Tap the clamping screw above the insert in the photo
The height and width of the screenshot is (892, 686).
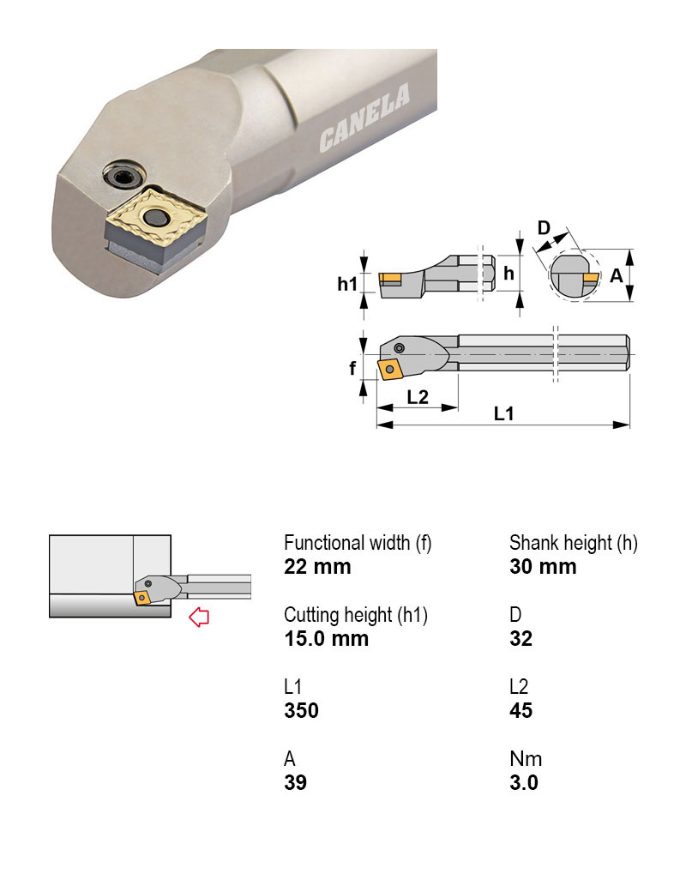[x=119, y=175]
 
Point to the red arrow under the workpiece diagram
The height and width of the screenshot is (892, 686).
[x=199, y=617]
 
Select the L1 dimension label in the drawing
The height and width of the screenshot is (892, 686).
[x=504, y=413]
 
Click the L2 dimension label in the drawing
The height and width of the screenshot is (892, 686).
[x=418, y=397]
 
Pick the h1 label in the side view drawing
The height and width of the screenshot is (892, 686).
[x=346, y=284]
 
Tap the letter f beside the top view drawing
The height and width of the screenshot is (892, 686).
[x=352, y=369]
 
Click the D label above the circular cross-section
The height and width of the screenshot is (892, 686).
[x=544, y=228]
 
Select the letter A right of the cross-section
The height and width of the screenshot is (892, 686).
[x=616, y=275]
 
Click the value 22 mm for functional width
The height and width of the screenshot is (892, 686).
[x=317, y=567]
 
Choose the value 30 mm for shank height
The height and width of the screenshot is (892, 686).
[x=543, y=567]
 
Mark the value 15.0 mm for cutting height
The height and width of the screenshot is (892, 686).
[x=326, y=639]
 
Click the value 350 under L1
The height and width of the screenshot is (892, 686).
[x=301, y=710]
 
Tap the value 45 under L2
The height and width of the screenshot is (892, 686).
[x=521, y=710]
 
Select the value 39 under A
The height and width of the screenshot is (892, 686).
[x=295, y=782]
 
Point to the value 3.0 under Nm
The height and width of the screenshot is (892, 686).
[x=523, y=782]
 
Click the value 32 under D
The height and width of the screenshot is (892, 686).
[x=521, y=639]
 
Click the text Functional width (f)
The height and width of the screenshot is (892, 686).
[x=358, y=543]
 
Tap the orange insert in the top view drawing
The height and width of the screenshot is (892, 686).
[x=390, y=371]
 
